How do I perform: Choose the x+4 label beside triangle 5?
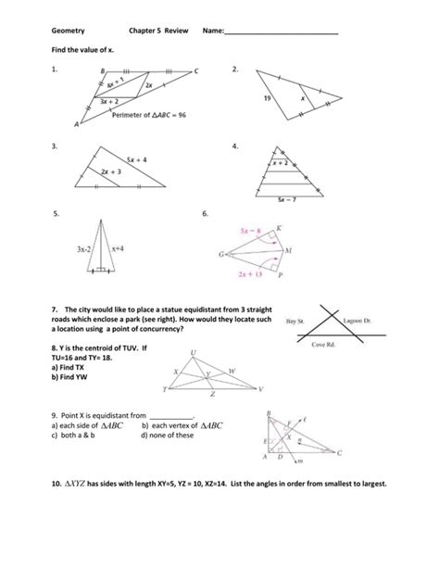pyautogui.click(x=120, y=248)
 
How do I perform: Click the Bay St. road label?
pyautogui.click(x=296, y=320)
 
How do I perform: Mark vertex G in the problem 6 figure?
pyautogui.click(x=222, y=252)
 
